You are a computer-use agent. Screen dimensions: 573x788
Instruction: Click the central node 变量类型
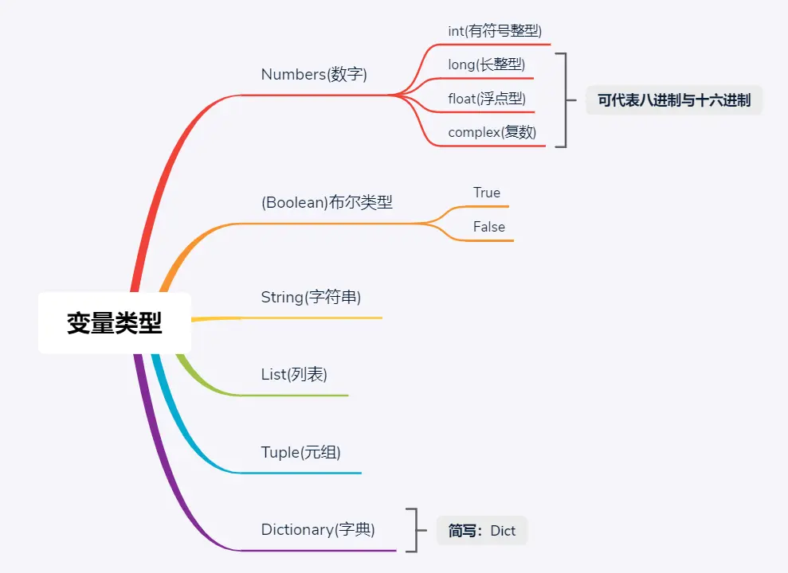point(115,323)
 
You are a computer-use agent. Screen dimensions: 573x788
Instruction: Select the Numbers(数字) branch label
point(314,75)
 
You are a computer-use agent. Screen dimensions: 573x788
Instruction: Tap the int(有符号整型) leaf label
point(495,31)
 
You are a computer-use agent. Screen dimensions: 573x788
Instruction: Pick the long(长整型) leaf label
point(486,64)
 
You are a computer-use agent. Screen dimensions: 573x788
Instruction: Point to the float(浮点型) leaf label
point(487,99)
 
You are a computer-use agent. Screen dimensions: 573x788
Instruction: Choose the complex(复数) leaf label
point(492,132)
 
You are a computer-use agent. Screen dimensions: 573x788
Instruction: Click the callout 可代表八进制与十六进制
point(674,101)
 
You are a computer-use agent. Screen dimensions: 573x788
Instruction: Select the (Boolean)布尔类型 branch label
point(327,202)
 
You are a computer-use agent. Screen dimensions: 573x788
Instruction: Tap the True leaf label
point(487,193)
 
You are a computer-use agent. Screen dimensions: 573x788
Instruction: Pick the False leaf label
point(489,227)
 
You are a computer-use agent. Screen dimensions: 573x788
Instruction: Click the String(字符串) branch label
point(311,298)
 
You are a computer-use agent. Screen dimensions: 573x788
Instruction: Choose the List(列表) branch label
point(294,374)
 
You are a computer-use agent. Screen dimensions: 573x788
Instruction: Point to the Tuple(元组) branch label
point(300,453)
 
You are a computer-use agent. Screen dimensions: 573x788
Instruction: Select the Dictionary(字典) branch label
point(318,529)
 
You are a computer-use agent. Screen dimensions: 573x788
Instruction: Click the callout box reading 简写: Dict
point(482,531)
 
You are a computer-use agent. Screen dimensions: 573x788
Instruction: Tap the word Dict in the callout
point(503,531)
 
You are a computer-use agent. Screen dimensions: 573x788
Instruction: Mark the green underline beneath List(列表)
point(303,395)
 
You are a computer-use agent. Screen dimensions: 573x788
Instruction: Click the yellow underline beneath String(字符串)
point(319,318)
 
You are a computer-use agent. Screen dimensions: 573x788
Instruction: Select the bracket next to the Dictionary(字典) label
point(411,530)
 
